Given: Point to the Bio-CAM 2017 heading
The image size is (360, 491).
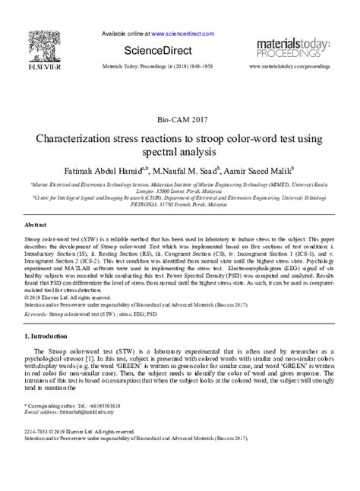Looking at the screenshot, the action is point(180,120).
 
